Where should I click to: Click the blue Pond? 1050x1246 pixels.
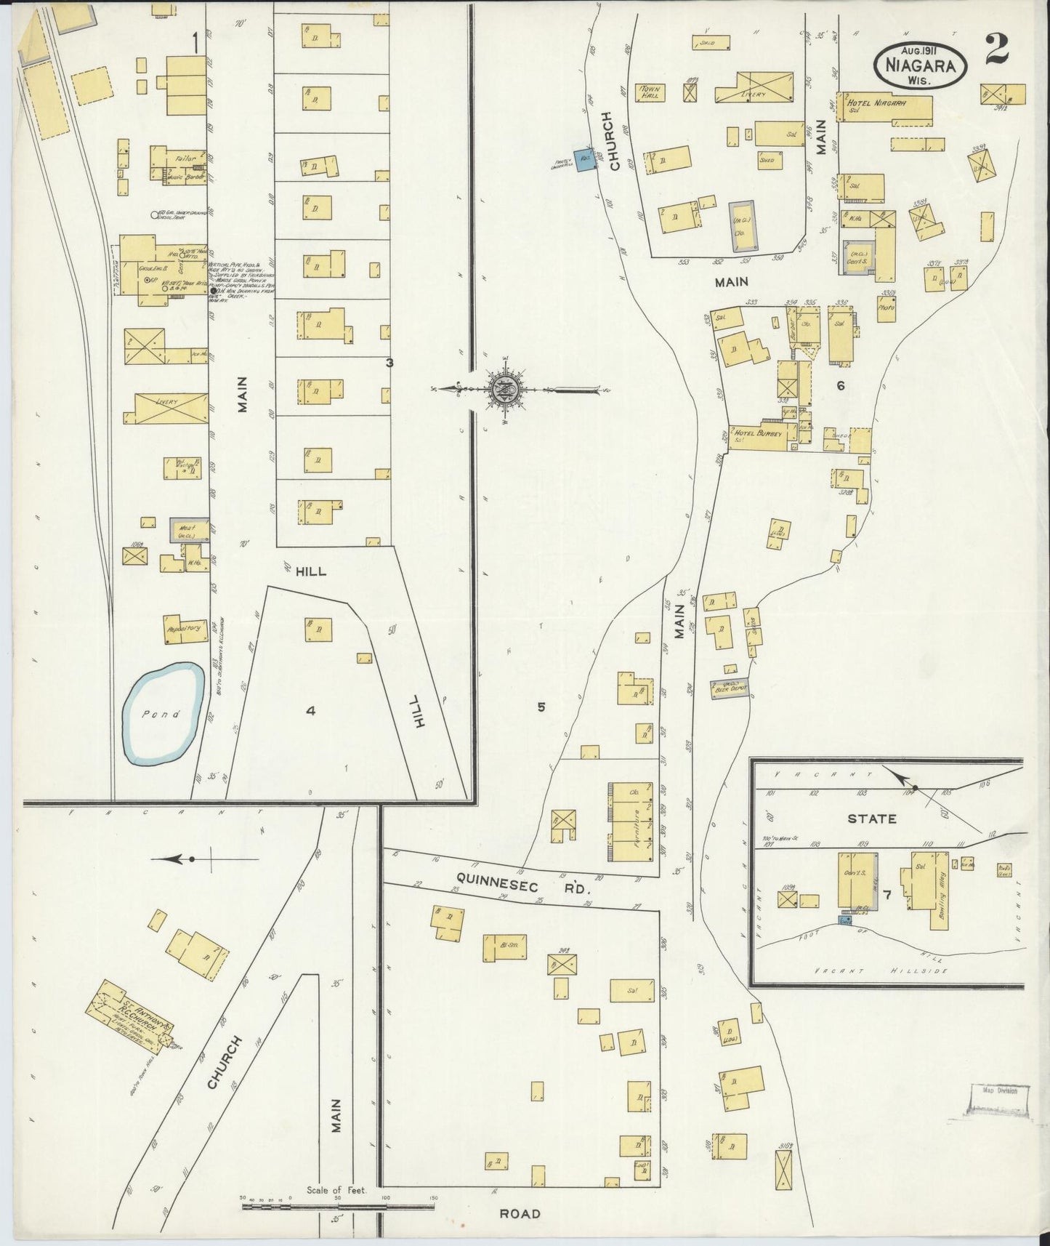click(162, 713)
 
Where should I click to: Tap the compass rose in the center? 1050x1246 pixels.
click(506, 390)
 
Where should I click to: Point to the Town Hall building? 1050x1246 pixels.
click(648, 92)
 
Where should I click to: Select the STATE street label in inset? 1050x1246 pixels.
click(871, 819)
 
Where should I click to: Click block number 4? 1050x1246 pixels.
click(310, 711)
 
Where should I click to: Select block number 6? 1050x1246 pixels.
click(840, 386)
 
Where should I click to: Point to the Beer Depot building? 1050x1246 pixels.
click(728, 688)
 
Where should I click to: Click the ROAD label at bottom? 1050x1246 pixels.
click(520, 1213)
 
